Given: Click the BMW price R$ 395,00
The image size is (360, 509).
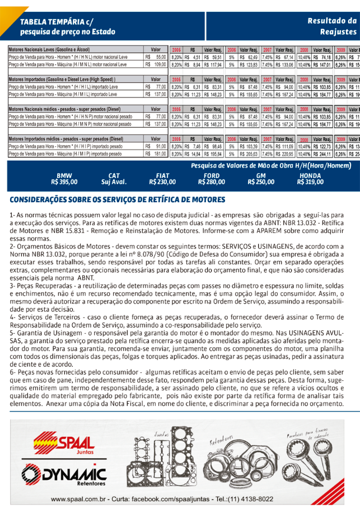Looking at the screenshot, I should pyautogui.click(x=64, y=182).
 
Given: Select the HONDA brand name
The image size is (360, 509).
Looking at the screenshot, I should pyautogui.click(x=311, y=176).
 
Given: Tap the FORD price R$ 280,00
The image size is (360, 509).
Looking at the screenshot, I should pyautogui.click(x=212, y=182).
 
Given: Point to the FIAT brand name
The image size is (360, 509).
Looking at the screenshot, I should pyautogui.click(x=163, y=176).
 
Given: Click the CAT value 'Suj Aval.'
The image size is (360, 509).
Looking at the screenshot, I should pyautogui.click(x=114, y=182).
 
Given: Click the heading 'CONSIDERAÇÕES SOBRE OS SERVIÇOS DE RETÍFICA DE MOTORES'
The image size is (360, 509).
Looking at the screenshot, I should pyautogui.click(x=118, y=200).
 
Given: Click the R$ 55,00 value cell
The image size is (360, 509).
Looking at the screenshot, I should pyautogui.click(x=156, y=57).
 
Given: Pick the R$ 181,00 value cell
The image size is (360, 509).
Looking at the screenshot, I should pyautogui.click(x=156, y=153).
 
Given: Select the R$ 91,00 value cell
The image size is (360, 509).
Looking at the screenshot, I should pyautogui.click(x=156, y=146).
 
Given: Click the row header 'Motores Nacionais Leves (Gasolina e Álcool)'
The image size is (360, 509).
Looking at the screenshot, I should pyautogui.click(x=49, y=50).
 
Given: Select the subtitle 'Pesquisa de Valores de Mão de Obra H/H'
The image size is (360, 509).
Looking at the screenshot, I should pyautogui.click(x=258, y=166).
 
